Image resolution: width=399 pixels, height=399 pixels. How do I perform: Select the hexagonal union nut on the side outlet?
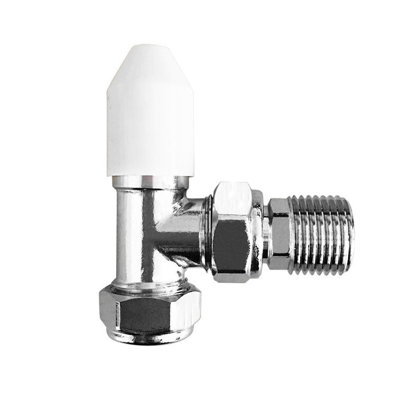[233, 233]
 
